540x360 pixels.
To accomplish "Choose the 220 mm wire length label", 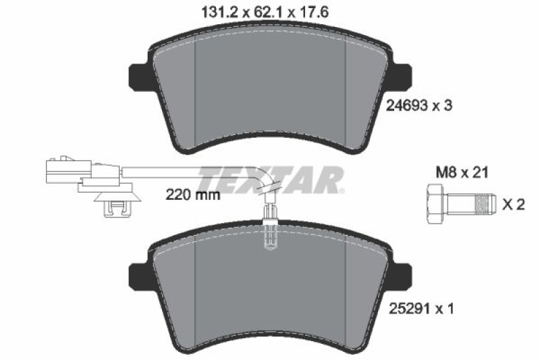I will pos(194,197).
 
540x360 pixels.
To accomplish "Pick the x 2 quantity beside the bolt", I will pos(514,203).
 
